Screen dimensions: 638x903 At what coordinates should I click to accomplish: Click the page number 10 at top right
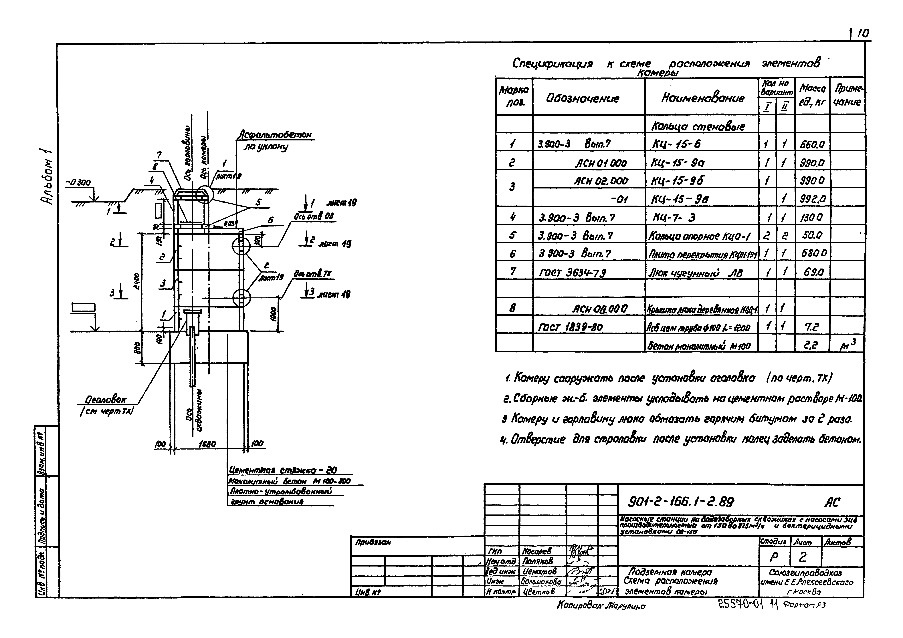pyautogui.click(x=862, y=34)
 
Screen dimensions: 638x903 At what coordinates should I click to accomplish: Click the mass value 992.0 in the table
pyautogui.click(x=811, y=199)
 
